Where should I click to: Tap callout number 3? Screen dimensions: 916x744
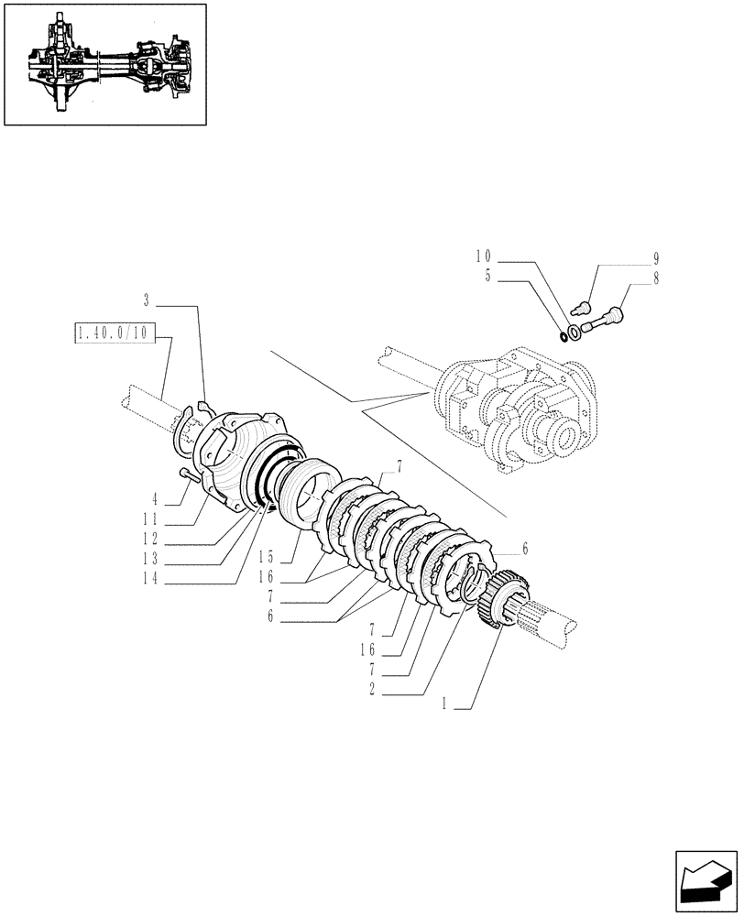coord(147,300)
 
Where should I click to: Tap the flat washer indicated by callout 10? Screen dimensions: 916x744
coord(574,332)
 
